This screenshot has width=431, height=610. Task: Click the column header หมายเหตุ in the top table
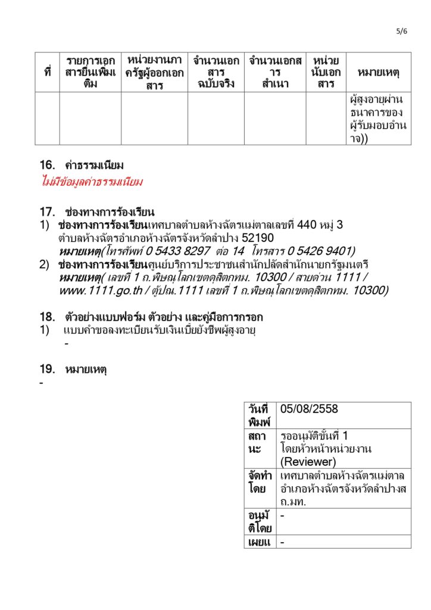[378, 73]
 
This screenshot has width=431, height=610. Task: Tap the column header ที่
[47, 73]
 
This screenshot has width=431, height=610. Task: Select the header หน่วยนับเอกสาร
[326, 73]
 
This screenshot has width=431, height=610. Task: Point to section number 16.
[47, 164]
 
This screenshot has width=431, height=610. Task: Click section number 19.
[47, 369]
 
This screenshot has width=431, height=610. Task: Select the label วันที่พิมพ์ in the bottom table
[258, 415]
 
